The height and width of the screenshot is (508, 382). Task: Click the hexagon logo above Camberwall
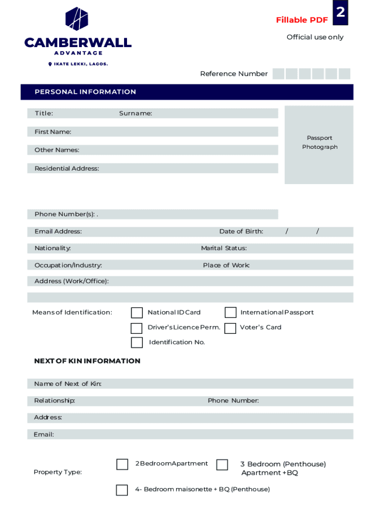pos(77,19)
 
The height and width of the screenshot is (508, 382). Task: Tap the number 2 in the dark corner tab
pos(340,12)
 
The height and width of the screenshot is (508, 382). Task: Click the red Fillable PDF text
pos(302,20)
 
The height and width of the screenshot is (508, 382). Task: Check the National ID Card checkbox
pos(137,313)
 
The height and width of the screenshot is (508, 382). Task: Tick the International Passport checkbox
pos(230,313)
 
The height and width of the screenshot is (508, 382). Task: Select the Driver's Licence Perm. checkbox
pos(136,328)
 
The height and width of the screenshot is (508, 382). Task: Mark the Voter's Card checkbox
pos(230,328)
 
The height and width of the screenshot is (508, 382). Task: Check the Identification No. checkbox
pos(136,342)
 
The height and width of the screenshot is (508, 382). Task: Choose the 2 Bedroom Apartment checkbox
pos(122,464)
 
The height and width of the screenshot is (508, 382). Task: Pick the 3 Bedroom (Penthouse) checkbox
pos(222,465)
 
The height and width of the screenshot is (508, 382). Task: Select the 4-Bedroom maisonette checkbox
pos(122,490)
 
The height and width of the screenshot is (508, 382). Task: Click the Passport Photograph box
pos(319,144)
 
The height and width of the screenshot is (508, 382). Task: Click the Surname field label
pos(135,114)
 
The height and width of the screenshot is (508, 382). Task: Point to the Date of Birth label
pos(241,232)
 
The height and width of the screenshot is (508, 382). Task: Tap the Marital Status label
pos(224,248)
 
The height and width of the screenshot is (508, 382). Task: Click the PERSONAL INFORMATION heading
pos(85,92)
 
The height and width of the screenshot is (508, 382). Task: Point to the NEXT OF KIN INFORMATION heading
pos(87,361)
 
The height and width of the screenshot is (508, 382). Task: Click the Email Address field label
pos(58,232)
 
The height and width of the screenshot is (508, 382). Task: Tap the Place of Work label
pos(226,265)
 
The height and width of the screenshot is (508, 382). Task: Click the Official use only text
pos(315,37)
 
